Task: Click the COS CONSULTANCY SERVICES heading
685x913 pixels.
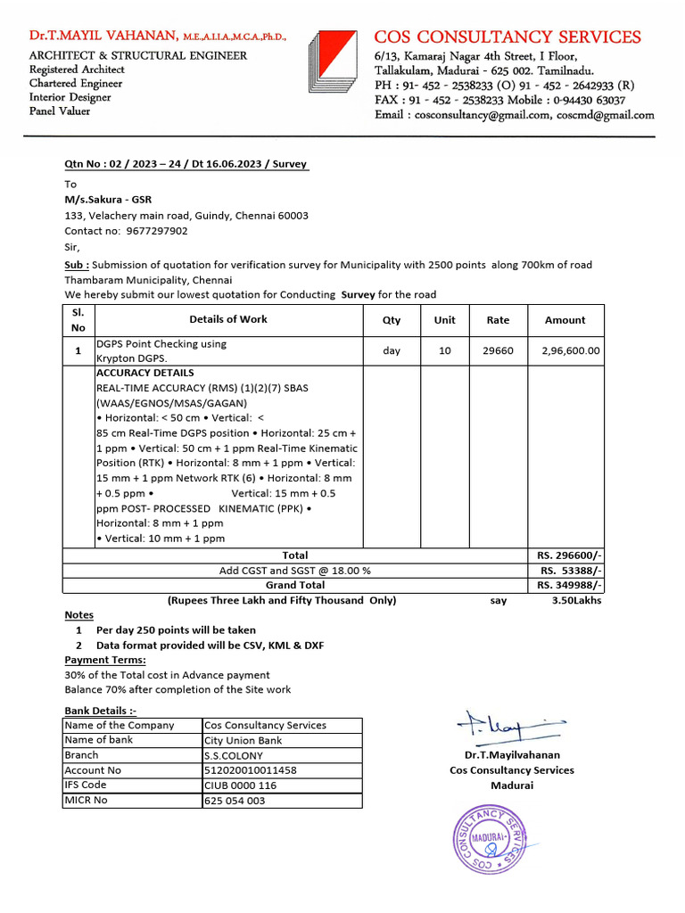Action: pos(507,37)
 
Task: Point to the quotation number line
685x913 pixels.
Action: pos(186,164)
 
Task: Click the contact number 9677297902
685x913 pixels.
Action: pos(157,231)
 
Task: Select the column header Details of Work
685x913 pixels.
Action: pos(227,319)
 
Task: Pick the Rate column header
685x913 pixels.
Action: pos(498,320)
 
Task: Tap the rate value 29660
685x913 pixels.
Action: pos(498,351)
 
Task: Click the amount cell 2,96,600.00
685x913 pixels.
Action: pos(570,351)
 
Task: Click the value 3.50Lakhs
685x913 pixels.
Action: pos(576,601)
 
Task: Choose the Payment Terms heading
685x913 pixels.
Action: pos(105,661)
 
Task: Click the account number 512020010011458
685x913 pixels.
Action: pos(251,770)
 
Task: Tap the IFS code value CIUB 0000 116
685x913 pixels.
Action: pos(241,786)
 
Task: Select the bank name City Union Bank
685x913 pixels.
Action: pos(243,740)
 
